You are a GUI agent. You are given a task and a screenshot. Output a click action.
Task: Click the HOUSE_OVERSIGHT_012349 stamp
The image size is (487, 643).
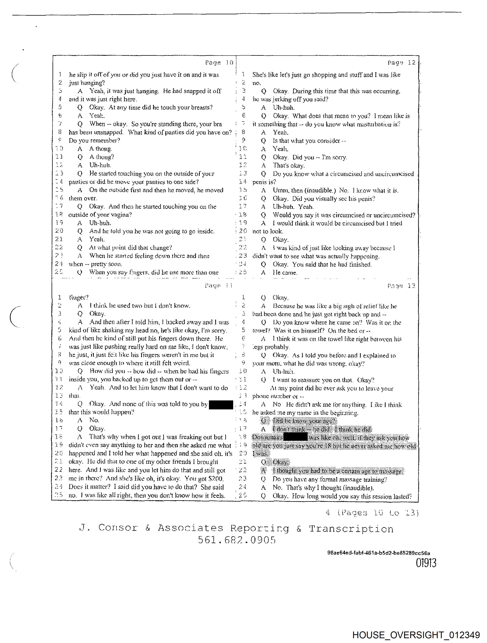[416, 635]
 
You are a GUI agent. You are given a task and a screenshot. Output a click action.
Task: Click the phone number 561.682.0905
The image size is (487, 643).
[236, 540]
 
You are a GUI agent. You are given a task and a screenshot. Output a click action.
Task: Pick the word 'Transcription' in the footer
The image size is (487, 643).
[351, 529]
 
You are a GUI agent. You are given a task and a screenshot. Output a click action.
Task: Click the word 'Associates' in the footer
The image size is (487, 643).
[191, 528]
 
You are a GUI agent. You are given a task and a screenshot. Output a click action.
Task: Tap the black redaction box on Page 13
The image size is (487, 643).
[295, 437]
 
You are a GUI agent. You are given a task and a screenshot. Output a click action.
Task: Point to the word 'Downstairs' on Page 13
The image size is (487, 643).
[267, 437]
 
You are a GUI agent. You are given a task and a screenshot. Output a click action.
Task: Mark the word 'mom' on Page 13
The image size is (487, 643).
[273, 364]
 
